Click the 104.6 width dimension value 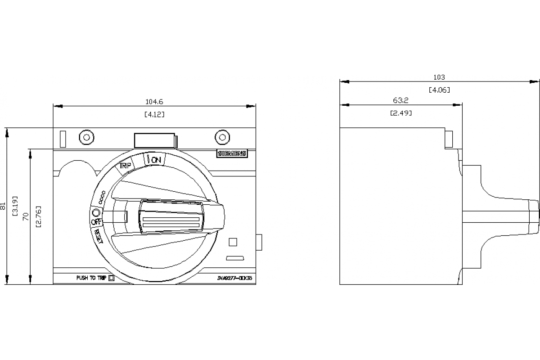click(x=154, y=102)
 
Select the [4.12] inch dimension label click(x=154, y=114)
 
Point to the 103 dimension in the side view click(x=439, y=77)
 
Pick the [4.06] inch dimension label click(x=439, y=90)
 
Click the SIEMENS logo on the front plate click(x=232, y=153)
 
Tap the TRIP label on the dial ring click(x=125, y=166)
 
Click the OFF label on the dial click(x=96, y=222)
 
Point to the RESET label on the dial click(x=98, y=235)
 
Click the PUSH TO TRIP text click(x=91, y=278)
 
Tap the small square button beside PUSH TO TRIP click(x=112, y=278)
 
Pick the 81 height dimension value click(x=4, y=207)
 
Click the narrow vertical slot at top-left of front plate click(x=63, y=139)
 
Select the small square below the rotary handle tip click(x=233, y=242)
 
